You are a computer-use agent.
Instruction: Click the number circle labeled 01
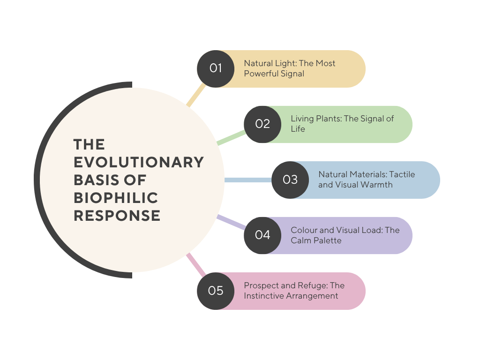point(216,68)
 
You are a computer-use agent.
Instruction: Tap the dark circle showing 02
point(262,124)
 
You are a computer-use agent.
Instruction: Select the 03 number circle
point(290,180)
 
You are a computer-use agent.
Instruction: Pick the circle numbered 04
point(262,235)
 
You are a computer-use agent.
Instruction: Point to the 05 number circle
point(216,291)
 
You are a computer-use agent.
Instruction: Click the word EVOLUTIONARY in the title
point(139,162)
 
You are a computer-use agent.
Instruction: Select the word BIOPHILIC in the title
point(116,198)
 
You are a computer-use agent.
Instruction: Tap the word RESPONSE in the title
point(117,216)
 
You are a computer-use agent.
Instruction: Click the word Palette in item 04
point(328,240)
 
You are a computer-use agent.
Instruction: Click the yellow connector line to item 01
point(196,95)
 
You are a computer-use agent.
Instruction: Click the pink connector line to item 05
point(196,265)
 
